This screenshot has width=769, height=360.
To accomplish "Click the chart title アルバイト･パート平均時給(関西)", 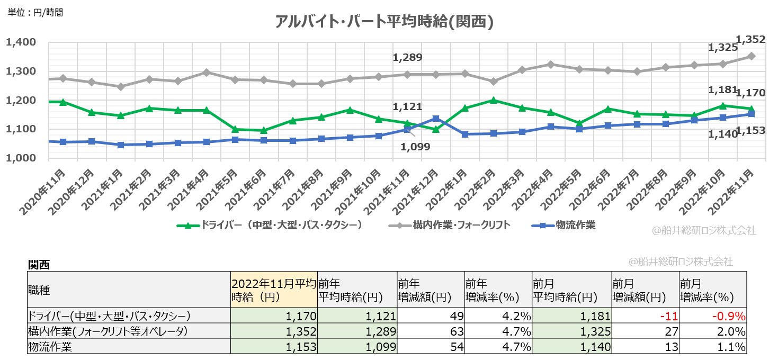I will pos(384,22).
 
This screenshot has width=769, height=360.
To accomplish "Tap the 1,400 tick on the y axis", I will pos(20,42).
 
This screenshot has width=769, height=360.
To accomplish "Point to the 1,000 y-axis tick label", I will pos(20,158).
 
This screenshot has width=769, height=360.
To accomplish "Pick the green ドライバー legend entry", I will pos(270,225).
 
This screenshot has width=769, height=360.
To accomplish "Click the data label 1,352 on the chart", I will pos(750,39).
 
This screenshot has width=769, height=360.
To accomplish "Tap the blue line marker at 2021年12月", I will pos(435,119).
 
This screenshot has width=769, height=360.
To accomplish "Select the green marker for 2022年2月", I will pos(494,100).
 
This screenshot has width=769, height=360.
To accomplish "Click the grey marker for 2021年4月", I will pos(207,72).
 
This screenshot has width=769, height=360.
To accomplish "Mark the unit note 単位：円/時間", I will pos(35,12).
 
